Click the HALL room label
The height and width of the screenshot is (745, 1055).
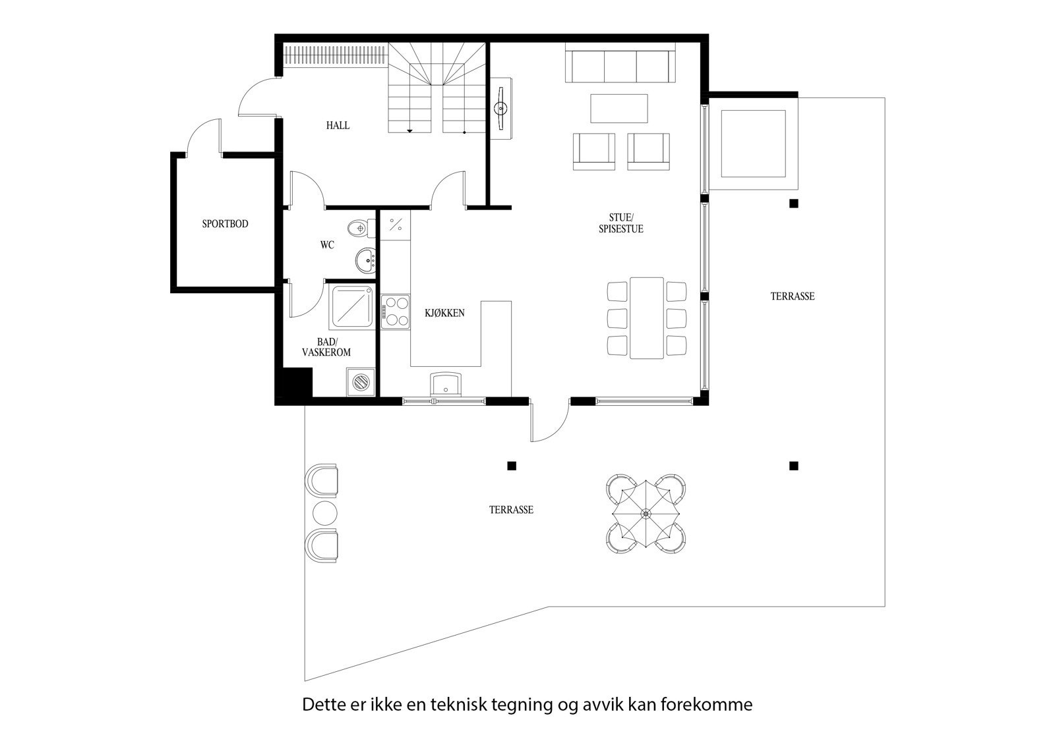pos(338,125)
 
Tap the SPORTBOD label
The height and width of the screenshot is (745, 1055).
pos(225,224)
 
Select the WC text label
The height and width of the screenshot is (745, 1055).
pos(327,245)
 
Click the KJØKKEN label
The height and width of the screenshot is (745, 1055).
pos(444,313)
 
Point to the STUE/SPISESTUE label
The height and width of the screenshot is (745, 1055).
pos(620,223)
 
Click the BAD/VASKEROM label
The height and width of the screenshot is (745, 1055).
pos(326,347)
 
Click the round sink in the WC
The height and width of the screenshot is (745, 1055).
pos(365,261)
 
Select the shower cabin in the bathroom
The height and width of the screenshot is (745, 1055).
pos(353,306)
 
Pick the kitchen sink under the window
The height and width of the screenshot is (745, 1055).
pos(445,384)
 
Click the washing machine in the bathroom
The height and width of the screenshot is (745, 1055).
pos(361,382)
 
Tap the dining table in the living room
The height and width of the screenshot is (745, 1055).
pos(646,317)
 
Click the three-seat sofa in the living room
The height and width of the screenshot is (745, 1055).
pos(620,65)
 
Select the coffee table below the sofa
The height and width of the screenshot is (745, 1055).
pos(619,109)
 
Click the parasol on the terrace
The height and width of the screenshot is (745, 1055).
pos(646,513)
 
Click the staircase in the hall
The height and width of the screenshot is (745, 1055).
pos(437,89)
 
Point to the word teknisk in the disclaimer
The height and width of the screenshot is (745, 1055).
pos(460,705)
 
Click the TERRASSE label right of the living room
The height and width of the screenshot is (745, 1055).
pos(793,296)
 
